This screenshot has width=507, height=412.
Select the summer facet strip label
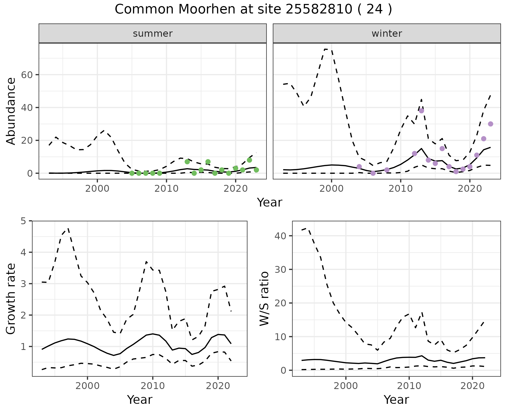point(153,34)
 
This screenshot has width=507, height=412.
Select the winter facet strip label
point(387,34)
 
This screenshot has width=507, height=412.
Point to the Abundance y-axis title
point(11,111)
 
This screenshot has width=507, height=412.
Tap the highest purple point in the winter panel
point(421,111)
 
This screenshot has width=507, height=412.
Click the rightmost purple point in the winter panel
point(491,124)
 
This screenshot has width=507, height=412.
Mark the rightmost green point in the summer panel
point(256,170)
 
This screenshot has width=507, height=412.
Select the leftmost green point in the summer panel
point(132,173)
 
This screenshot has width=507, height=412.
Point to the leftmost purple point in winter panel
point(359,166)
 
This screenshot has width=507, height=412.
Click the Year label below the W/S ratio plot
point(396,400)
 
